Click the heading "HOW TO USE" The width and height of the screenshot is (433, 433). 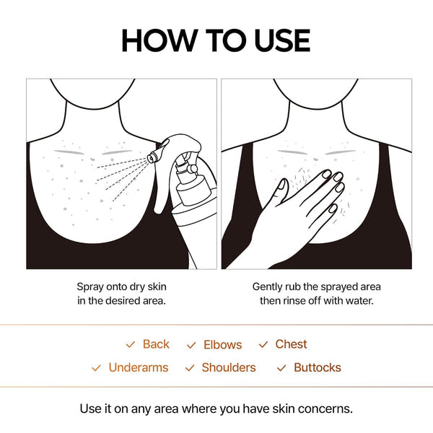coord(216,40)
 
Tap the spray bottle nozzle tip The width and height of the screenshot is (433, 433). coord(151,156)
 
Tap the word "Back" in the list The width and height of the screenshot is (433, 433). coord(156,344)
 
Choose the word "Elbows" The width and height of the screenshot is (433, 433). coord(222,345)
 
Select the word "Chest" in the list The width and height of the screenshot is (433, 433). coord(291,344)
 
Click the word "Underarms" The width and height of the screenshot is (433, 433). coord(138,367)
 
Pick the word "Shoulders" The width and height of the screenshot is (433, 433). coord(228,367)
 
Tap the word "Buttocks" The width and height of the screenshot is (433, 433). coord(317,367)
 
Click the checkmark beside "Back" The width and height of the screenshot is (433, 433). coord(131,345)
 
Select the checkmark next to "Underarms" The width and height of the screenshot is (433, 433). coord(96,368)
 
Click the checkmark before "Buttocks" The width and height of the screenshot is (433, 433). coord(281,368)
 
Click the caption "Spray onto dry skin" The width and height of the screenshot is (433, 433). coord(121,287)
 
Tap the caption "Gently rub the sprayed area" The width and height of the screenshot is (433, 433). coord(316,287)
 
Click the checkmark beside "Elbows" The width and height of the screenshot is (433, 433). coord(191,346)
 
